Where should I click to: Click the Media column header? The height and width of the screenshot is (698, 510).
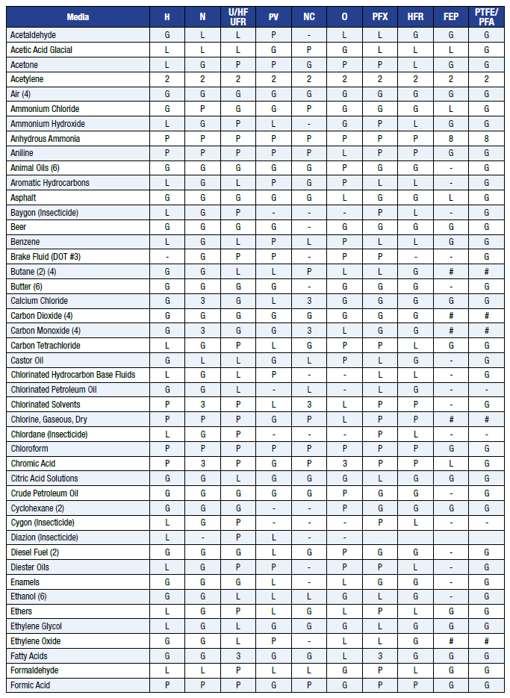(77, 16)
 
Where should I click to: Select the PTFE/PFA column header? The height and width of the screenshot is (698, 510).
(486, 16)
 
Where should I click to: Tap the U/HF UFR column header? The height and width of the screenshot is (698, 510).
(239, 16)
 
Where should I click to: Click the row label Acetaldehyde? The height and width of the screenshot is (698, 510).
(33, 35)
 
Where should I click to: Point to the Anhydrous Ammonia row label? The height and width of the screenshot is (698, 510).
(45, 139)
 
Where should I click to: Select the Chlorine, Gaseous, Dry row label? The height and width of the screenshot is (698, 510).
(50, 420)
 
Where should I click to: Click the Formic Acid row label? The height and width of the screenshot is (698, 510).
(31, 685)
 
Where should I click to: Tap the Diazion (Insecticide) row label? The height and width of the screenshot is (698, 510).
(44, 537)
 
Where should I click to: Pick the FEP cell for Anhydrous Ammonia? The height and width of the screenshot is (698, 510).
(451, 139)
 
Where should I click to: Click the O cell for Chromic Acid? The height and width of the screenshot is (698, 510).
(344, 464)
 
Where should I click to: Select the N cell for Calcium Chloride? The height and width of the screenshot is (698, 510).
(202, 302)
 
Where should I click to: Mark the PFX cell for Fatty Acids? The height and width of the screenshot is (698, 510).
(380, 656)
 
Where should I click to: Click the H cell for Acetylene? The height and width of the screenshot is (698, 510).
(167, 80)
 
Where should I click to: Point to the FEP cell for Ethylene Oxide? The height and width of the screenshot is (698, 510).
(451, 641)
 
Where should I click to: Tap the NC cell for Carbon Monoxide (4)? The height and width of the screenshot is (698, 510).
(309, 331)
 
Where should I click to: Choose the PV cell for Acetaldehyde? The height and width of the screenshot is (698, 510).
(274, 35)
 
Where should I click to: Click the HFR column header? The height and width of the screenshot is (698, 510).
(415, 16)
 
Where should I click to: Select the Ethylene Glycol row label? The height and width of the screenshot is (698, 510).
(36, 626)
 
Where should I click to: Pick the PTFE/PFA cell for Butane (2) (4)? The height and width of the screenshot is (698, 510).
(486, 272)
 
